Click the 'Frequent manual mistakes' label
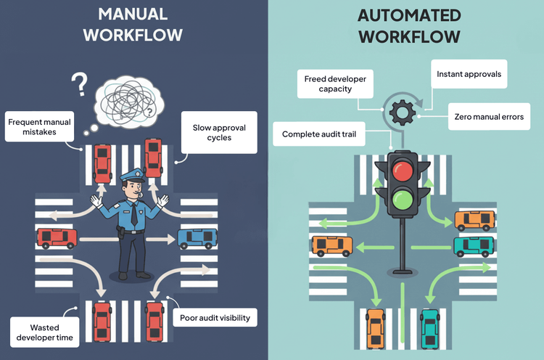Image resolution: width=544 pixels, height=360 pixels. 41,128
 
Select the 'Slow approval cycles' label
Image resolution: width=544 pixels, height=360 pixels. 218,132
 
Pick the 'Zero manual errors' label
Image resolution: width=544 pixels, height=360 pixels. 488,116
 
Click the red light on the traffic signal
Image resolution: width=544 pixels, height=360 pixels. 400,169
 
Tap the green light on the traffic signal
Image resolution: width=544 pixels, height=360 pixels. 400,198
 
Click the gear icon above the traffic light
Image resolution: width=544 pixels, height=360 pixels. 400,112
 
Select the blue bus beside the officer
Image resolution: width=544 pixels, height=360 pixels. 194,237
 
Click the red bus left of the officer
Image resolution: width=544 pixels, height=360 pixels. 57,237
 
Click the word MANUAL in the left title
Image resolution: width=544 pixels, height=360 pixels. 133,14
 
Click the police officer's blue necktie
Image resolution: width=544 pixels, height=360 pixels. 133,215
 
